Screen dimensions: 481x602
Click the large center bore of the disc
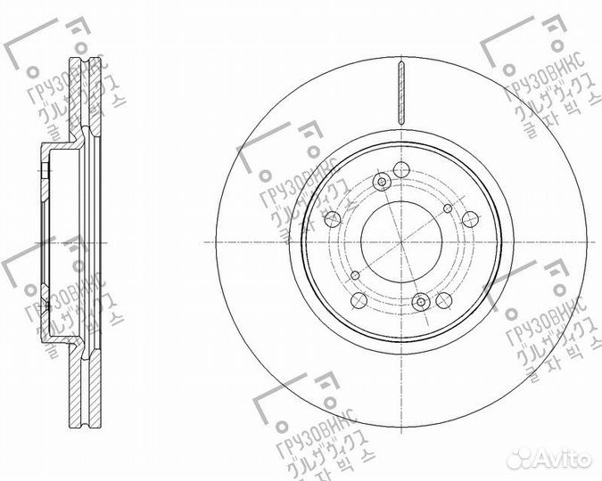click(400, 241)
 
